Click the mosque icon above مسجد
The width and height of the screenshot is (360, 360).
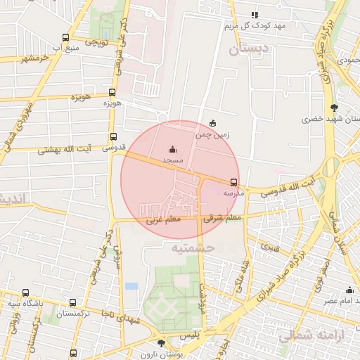click(x=173, y=149)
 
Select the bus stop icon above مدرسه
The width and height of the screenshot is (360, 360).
click(x=234, y=181)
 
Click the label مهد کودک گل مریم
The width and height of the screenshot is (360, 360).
click(x=255, y=26)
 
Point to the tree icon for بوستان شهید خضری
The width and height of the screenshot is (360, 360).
click(x=333, y=108)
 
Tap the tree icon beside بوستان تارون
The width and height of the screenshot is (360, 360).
click(x=162, y=343)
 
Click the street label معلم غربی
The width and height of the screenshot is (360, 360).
click(x=163, y=220)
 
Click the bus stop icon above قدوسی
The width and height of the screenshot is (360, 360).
click(x=113, y=137)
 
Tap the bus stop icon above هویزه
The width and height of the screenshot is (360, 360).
click(x=112, y=93)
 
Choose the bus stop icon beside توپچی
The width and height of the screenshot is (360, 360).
click(x=65, y=38)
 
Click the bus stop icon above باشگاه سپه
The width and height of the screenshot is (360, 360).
click(x=26, y=292)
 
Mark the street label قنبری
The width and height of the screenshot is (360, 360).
click(x=270, y=247)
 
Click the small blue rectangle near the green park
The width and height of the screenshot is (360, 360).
click(x=131, y=286)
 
